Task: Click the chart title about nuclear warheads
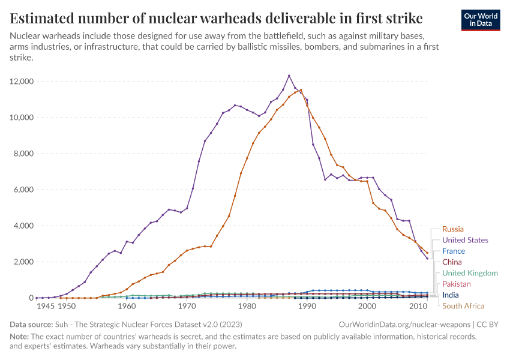[216, 17]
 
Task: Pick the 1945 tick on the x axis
[46, 306]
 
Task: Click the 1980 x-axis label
[247, 306]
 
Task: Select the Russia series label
[453, 229]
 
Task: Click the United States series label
[465, 240]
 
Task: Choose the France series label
[454, 251]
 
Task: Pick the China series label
[452, 262]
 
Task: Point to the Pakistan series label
[456, 284]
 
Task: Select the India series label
[451, 295]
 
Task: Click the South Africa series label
[463, 306]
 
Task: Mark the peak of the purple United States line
[289, 76]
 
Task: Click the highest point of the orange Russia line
[301, 90]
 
